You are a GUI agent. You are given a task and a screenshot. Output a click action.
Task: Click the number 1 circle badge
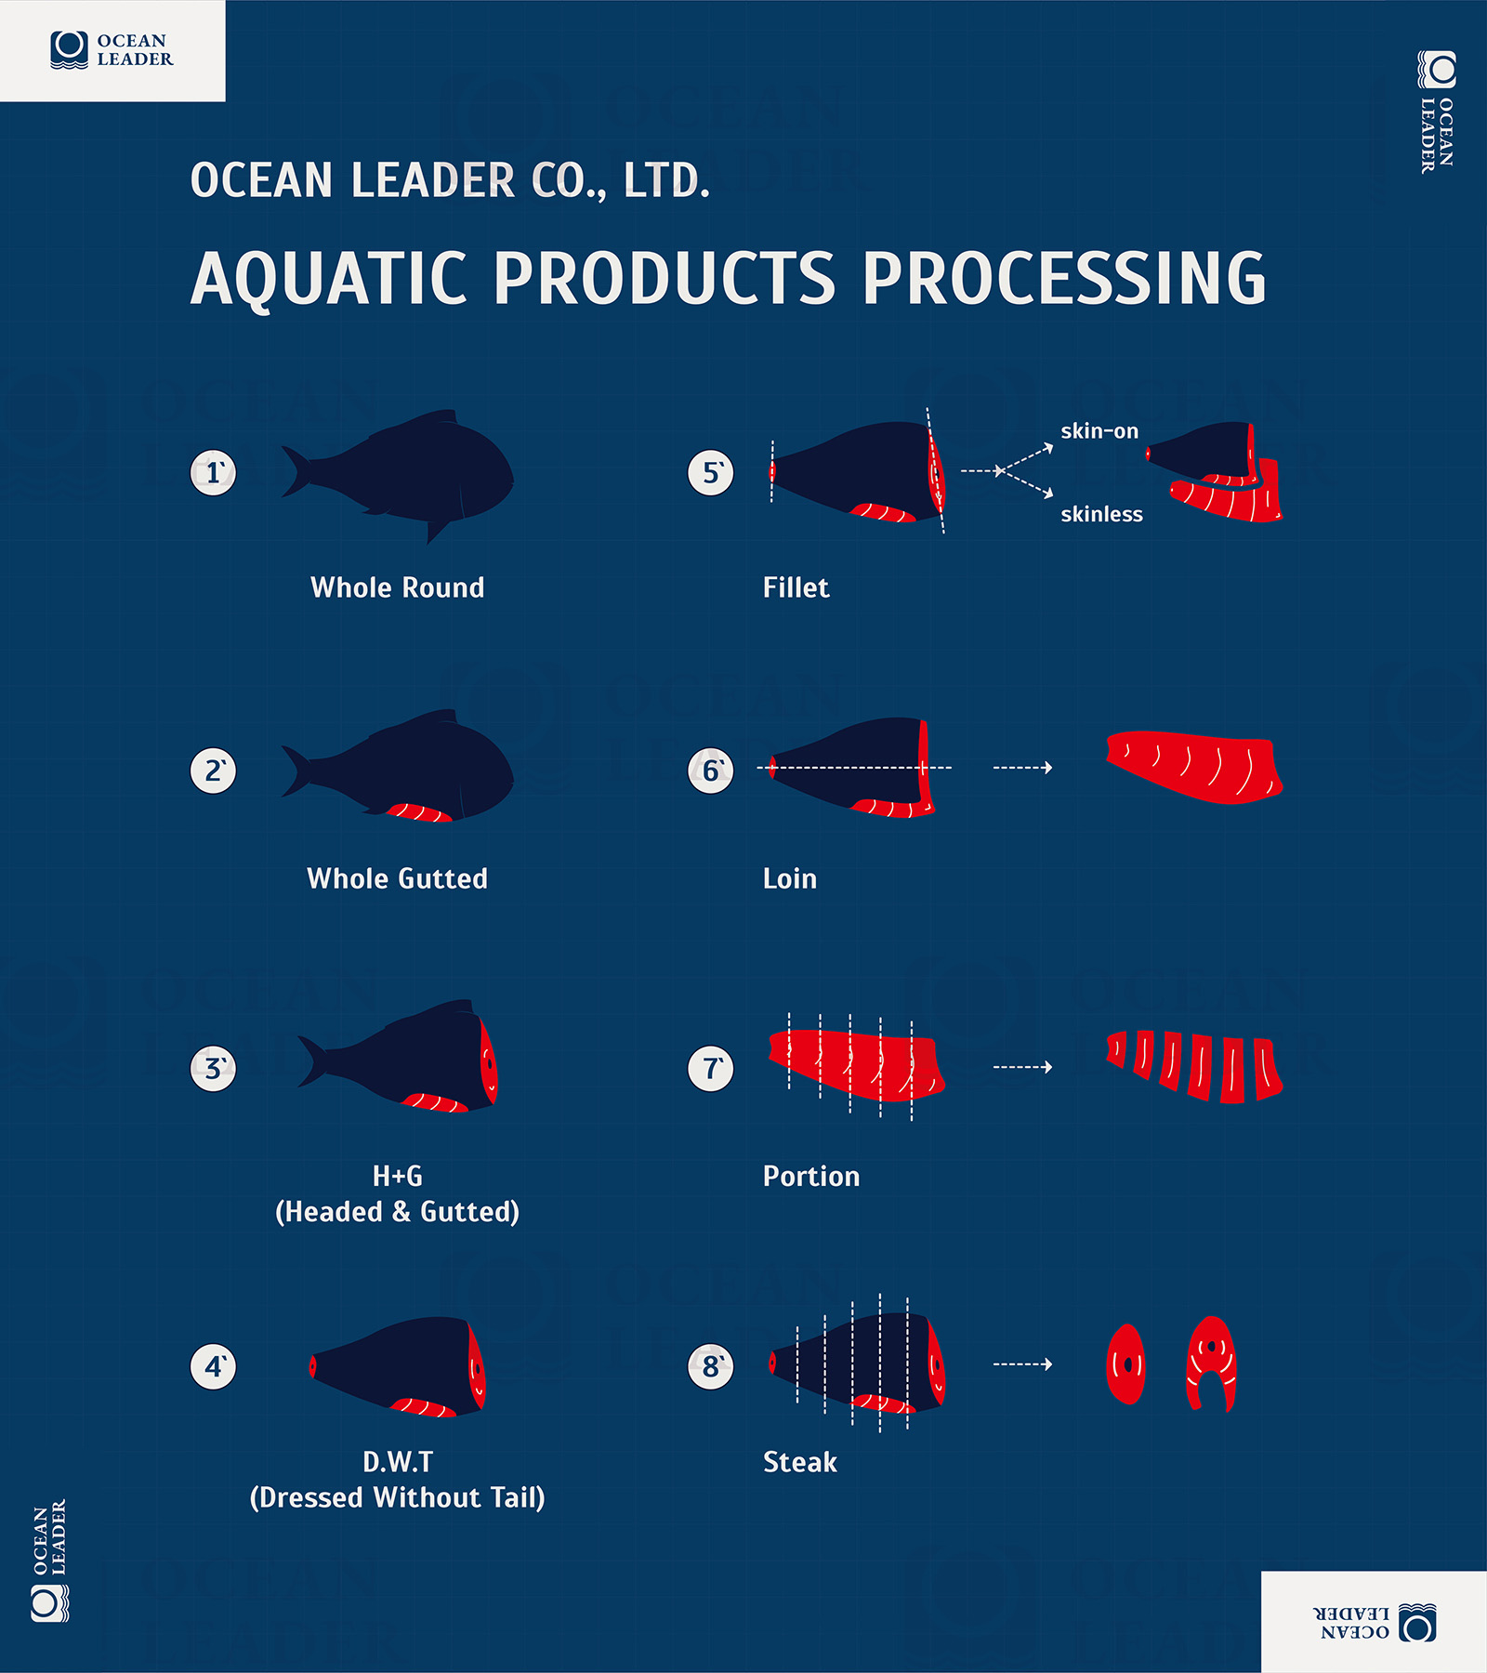(x=213, y=472)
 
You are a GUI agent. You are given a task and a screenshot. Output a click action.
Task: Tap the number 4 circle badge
(x=213, y=1366)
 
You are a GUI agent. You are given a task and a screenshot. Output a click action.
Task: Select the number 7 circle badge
(x=711, y=1069)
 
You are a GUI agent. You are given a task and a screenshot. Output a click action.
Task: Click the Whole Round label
(x=397, y=587)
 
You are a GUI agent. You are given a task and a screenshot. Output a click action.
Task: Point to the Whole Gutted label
(x=397, y=878)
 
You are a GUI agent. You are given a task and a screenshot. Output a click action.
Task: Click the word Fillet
(x=796, y=587)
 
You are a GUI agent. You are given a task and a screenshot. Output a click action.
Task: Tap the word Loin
(x=789, y=878)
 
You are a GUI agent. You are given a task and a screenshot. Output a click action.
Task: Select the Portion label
(x=810, y=1176)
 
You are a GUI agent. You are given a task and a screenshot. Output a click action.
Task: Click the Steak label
(x=799, y=1462)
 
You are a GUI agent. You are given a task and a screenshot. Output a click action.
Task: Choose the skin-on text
(x=1099, y=431)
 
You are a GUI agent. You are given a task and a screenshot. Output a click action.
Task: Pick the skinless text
(x=1101, y=514)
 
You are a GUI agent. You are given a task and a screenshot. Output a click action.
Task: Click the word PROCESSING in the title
(x=1064, y=278)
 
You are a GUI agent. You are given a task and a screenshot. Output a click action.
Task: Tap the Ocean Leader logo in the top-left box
(x=112, y=50)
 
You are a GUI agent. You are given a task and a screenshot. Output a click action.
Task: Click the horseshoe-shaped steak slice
(x=1211, y=1363)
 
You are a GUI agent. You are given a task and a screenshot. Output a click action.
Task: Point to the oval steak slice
(x=1126, y=1364)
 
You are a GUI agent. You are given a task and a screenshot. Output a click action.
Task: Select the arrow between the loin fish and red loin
(x=1022, y=768)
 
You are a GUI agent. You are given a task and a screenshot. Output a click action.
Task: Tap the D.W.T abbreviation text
(x=397, y=1462)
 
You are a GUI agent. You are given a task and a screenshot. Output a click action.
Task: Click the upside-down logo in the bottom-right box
(x=1374, y=1622)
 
